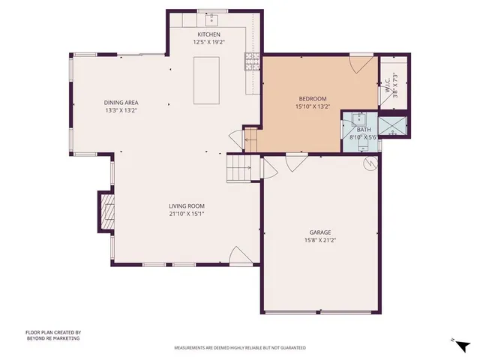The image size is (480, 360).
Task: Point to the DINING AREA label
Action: coord(121,103)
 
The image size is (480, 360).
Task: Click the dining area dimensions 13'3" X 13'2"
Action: coord(121,110)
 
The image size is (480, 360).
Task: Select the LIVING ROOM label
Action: coord(187,205)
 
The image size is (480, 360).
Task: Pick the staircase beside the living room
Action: coord(238,168)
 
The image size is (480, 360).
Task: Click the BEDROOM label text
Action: coord(313,99)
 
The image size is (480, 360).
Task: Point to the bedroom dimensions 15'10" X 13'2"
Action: coord(313,106)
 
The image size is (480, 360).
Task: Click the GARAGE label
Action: coord(320,232)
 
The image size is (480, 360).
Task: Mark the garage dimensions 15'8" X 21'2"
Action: coord(320,240)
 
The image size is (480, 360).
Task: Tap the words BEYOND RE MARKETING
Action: coord(52,338)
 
